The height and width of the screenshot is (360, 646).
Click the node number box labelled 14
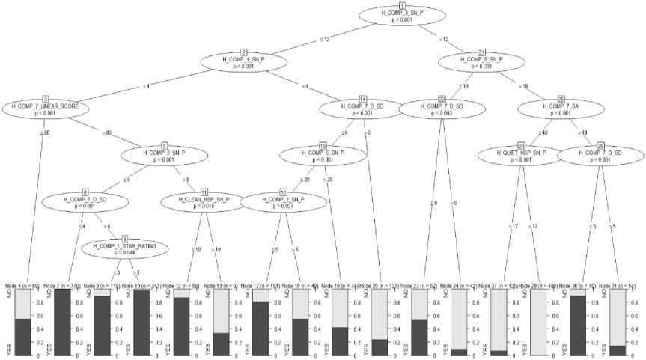point(363,100)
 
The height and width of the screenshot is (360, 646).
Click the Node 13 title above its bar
point(223,285)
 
